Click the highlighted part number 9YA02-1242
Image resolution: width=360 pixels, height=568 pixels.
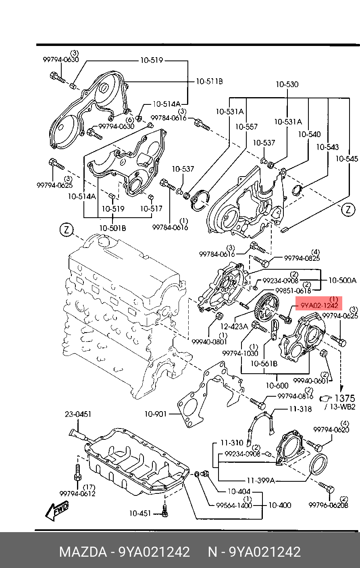[x=319, y=306]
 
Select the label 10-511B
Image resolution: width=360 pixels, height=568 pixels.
[x=209, y=81]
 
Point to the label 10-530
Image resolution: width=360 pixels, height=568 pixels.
[x=287, y=84]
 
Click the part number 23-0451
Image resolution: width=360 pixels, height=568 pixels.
[x=78, y=414]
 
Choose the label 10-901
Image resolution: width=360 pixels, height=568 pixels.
[x=156, y=414]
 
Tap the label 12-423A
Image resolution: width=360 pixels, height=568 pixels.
[x=234, y=326]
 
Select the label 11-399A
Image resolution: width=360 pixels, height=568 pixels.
[x=261, y=480]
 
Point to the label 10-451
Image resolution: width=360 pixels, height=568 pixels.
[x=140, y=513]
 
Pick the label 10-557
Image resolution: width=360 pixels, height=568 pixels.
[x=246, y=127]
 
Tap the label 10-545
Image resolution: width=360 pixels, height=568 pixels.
[x=346, y=159]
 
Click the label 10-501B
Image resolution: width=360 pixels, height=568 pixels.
[x=113, y=228]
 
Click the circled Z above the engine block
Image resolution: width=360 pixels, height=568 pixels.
[x=67, y=230]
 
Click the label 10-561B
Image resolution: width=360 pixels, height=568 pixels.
[x=264, y=364]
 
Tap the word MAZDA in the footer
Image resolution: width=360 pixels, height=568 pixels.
[x=83, y=551]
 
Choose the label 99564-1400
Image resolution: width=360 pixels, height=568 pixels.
[x=234, y=505]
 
